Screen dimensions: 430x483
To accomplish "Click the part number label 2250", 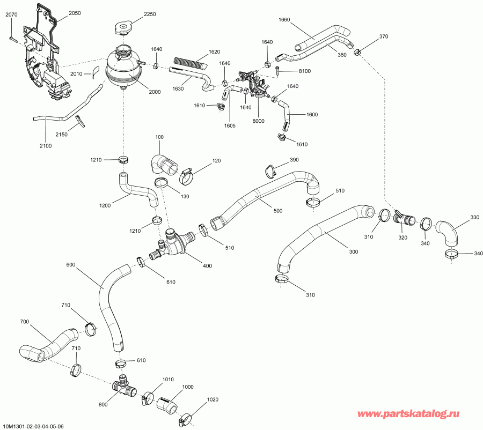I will pos(150,14).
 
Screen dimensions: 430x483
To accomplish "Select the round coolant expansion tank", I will pos(124,66).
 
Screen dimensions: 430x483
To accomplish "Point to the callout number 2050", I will pos(75,12).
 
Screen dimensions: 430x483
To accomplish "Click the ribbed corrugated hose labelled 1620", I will pos(189,63).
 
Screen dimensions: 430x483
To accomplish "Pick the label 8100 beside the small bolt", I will pos(304,71).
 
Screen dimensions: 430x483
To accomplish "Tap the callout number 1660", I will pos(284,20).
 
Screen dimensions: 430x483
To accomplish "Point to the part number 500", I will pos(277,211).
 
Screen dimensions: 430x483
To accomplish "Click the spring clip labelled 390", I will pos(270,171).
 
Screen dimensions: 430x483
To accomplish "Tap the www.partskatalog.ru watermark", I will pos(416,414).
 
